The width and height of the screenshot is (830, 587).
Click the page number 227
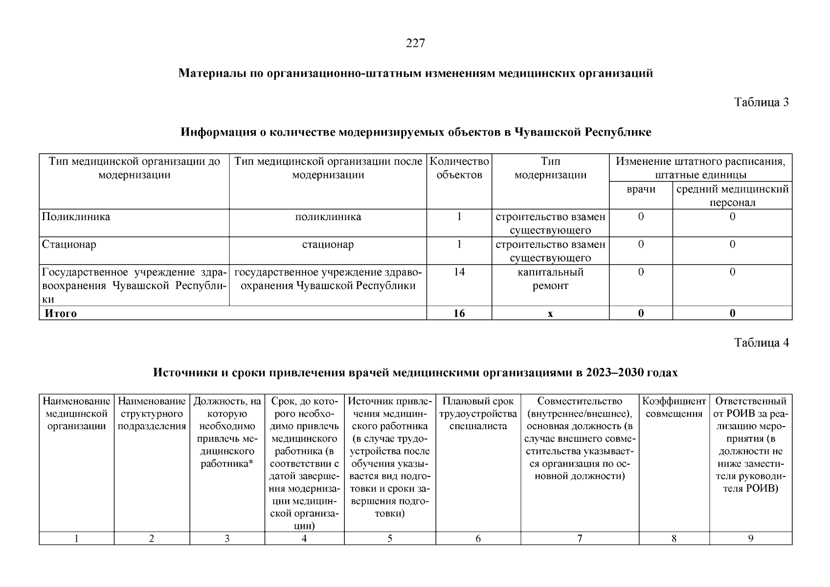click(x=415, y=44)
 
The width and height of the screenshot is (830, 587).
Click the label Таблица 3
click(x=761, y=102)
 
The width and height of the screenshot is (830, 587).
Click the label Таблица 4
click(x=761, y=343)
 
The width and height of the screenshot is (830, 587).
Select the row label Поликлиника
click(x=76, y=217)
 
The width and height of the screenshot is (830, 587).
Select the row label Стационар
click(x=69, y=244)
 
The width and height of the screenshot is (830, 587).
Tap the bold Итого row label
click(x=61, y=314)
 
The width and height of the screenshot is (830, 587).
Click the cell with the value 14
click(x=459, y=272)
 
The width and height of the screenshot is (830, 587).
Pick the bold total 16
click(x=459, y=314)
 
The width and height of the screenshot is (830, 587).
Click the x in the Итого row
click(x=550, y=314)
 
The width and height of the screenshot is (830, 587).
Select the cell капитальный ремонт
click(x=550, y=279)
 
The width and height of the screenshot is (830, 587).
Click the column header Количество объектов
click(x=459, y=168)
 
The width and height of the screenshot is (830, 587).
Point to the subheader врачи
click(x=641, y=189)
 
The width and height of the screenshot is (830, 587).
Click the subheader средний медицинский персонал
click(x=732, y=196)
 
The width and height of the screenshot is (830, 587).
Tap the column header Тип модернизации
click(x=550, y=168)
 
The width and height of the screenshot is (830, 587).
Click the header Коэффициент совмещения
click(x=673, y=407)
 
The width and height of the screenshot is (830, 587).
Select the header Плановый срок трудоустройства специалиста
click(x=478, y=413)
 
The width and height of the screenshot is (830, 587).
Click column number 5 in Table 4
click(x=390, y=539)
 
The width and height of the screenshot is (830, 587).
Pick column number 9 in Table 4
click(x=750, y=539)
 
